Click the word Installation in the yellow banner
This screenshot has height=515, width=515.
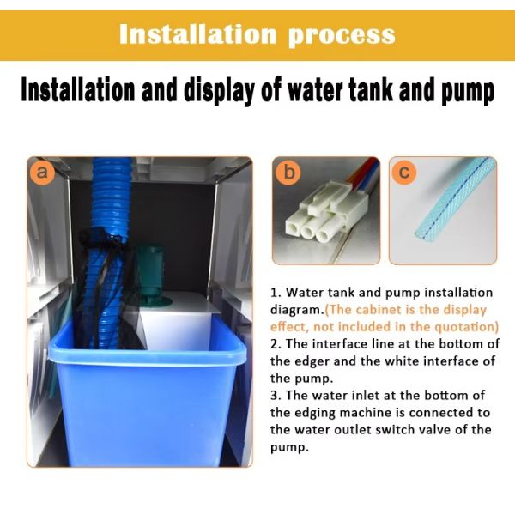[x=197, y=34]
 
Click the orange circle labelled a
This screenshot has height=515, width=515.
[x=42, y=173]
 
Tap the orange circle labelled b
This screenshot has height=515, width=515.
[x=288, y=173]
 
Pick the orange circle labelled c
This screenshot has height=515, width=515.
[x=404, y=173]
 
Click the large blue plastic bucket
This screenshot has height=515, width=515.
[x=146, y=394]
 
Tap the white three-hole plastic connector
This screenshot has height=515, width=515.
[x=325, y=214]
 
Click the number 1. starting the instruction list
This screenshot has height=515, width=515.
[x=276, y=293]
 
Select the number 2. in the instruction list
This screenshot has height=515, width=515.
[x=276, y=344]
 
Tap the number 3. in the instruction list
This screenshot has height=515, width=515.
[x=276, y=395]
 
